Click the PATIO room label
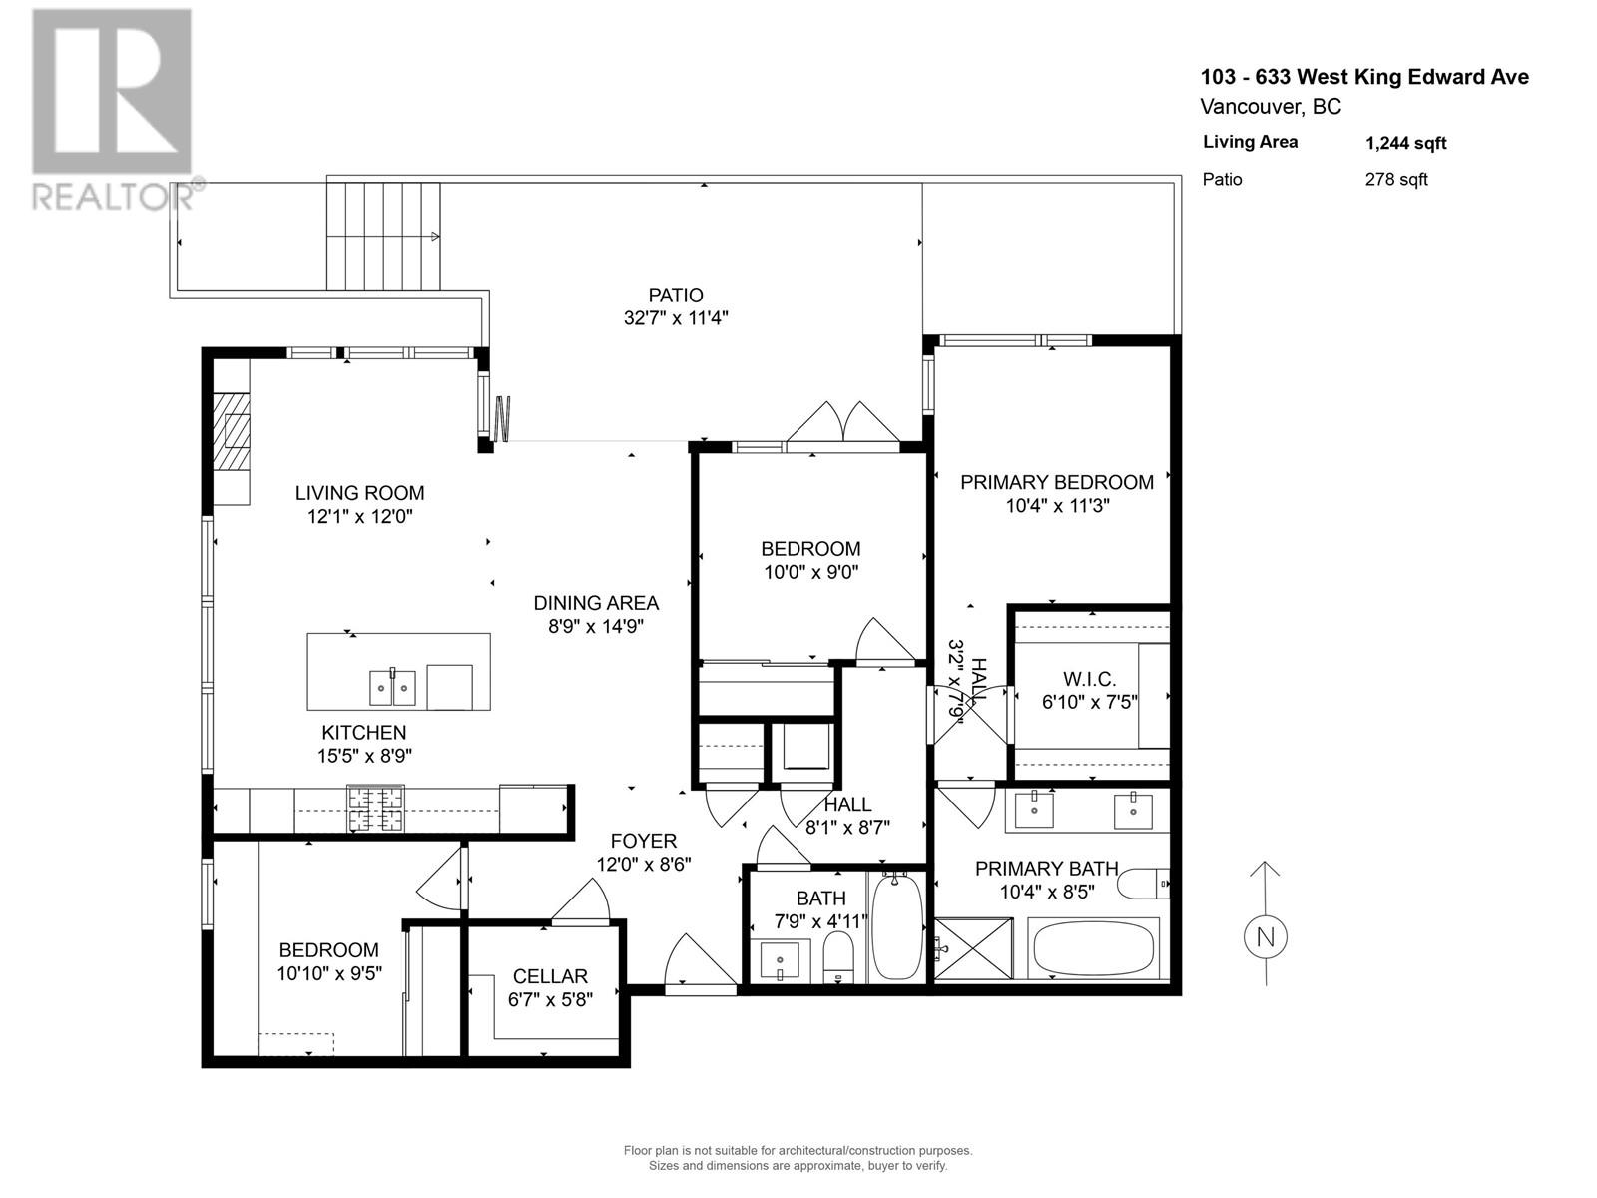(x=676, y=296)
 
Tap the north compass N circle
(x=1265, y=937)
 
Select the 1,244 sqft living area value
(x=1405, y=143)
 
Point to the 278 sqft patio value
(x=1396, y=180)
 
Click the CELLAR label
(x=550, y=976)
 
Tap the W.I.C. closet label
(x=1089, y=679)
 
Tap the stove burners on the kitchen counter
(x=376, y=809)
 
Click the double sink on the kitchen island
(x=392, y=688)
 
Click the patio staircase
(x=383, y=236)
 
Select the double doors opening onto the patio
(x=843, y=423)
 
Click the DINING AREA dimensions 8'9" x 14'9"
(x=596, y=627)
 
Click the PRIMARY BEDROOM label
(x=1057, y=482)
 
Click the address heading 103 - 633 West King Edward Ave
(x=1363, y=77)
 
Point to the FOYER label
(x=643, y=841)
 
